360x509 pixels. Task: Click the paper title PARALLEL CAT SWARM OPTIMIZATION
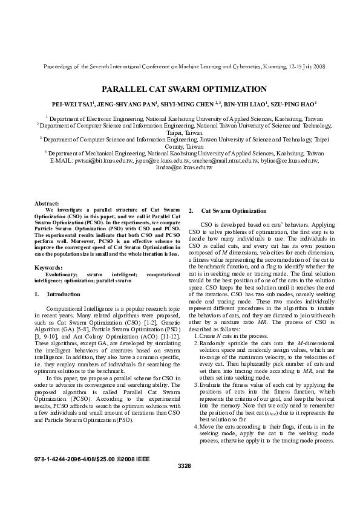[180, 88]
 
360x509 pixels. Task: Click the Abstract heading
[48, 204]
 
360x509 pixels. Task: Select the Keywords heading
[50, 267]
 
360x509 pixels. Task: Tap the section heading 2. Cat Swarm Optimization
[227, 211]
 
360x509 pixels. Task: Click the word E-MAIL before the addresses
[61, 161]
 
